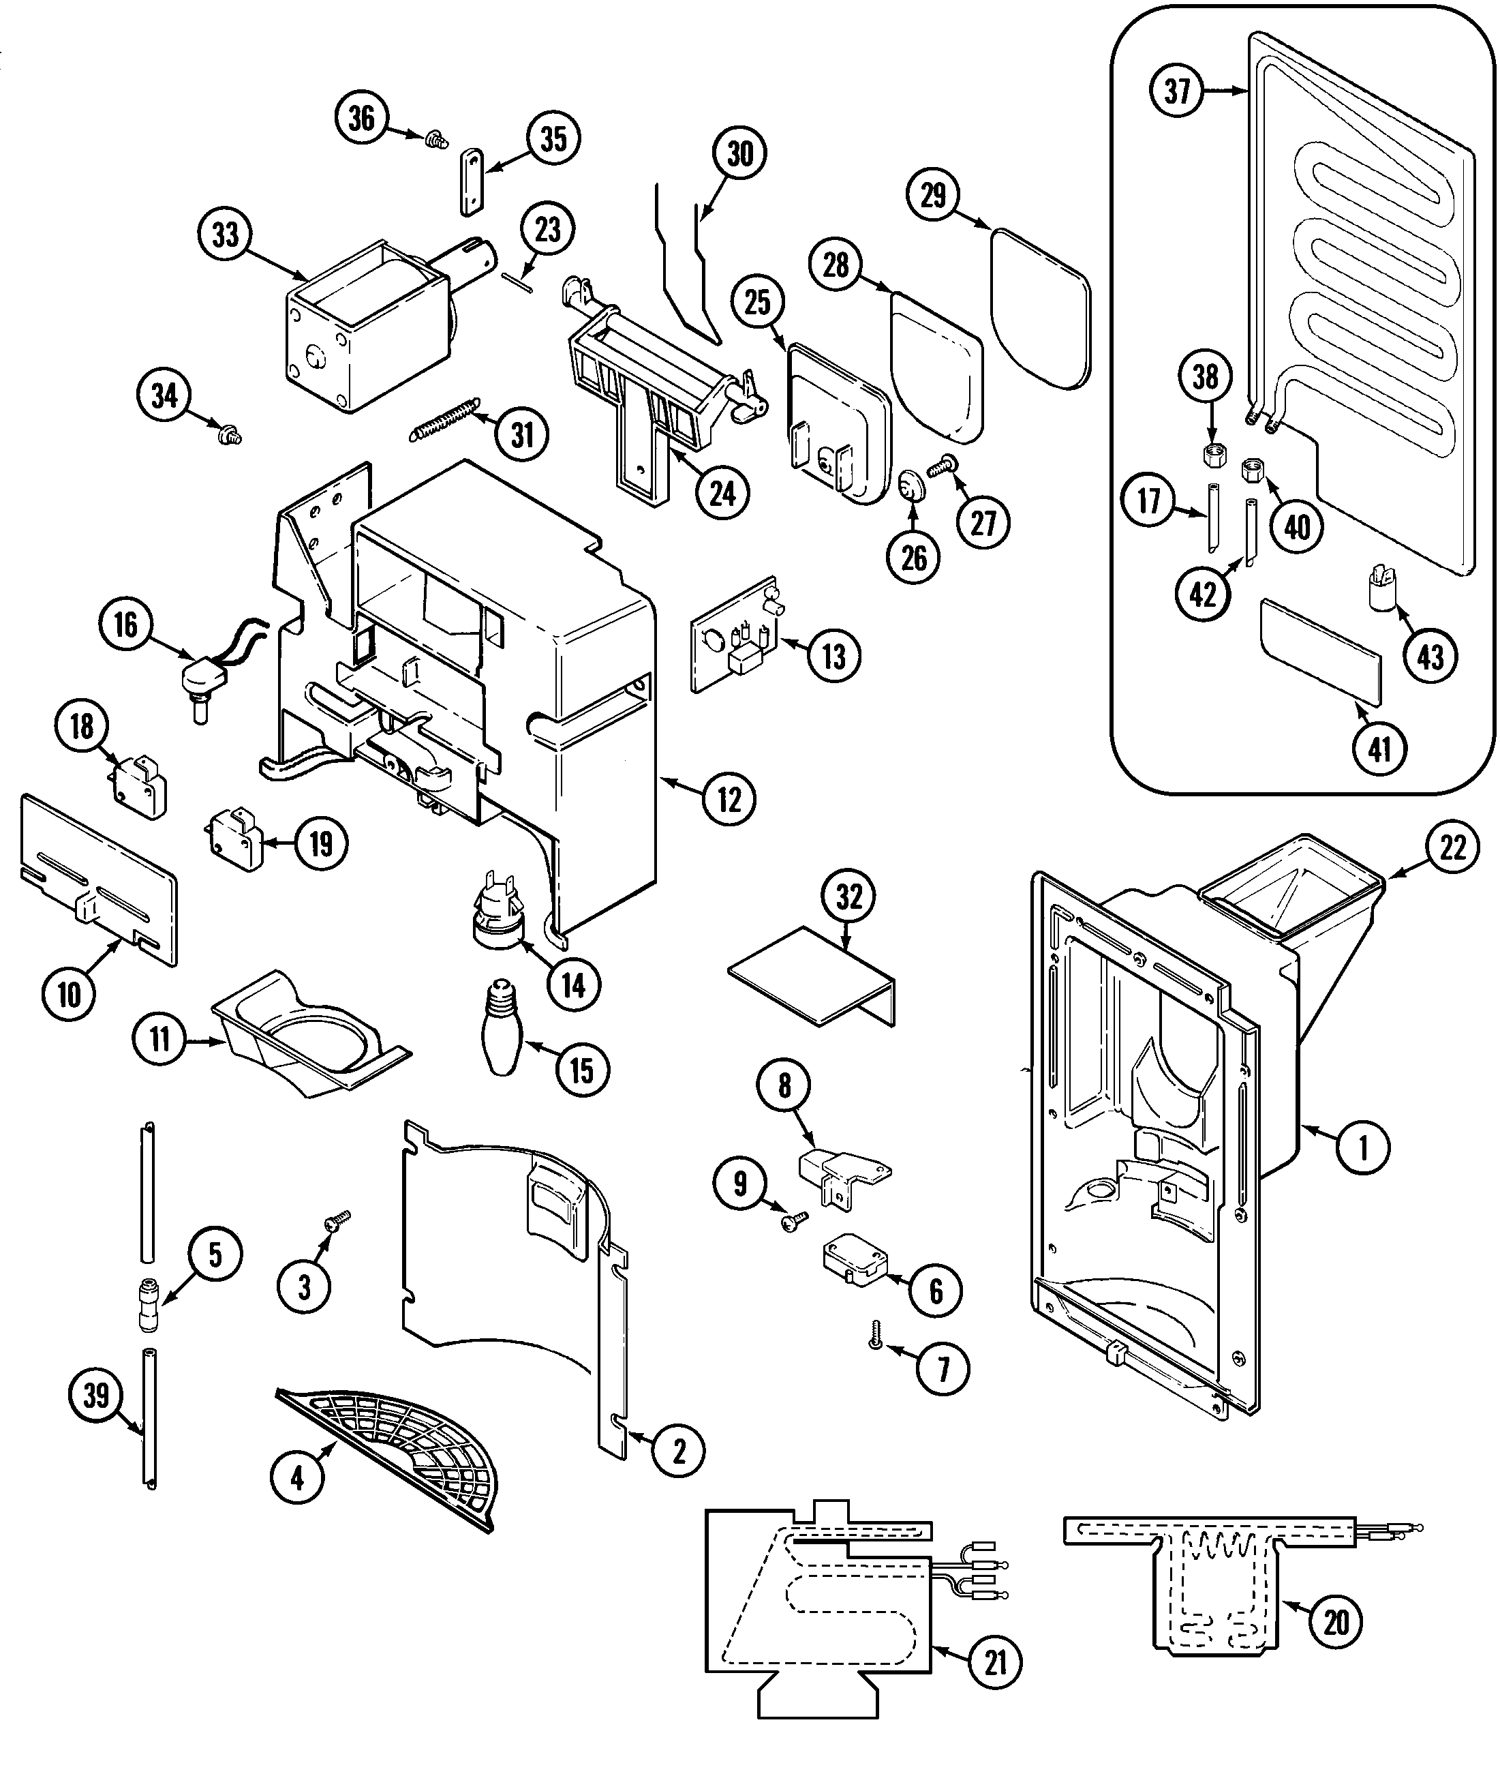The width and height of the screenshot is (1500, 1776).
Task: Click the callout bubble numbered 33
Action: pos(226,235)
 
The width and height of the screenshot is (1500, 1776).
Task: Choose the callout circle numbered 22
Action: pos(1452,847)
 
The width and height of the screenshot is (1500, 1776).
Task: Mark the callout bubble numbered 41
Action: pos(1379,749)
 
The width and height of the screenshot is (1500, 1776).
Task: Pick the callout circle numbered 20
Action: pos(1336,1623)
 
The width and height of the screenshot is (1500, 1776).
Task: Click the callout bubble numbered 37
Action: pos(1177,89)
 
